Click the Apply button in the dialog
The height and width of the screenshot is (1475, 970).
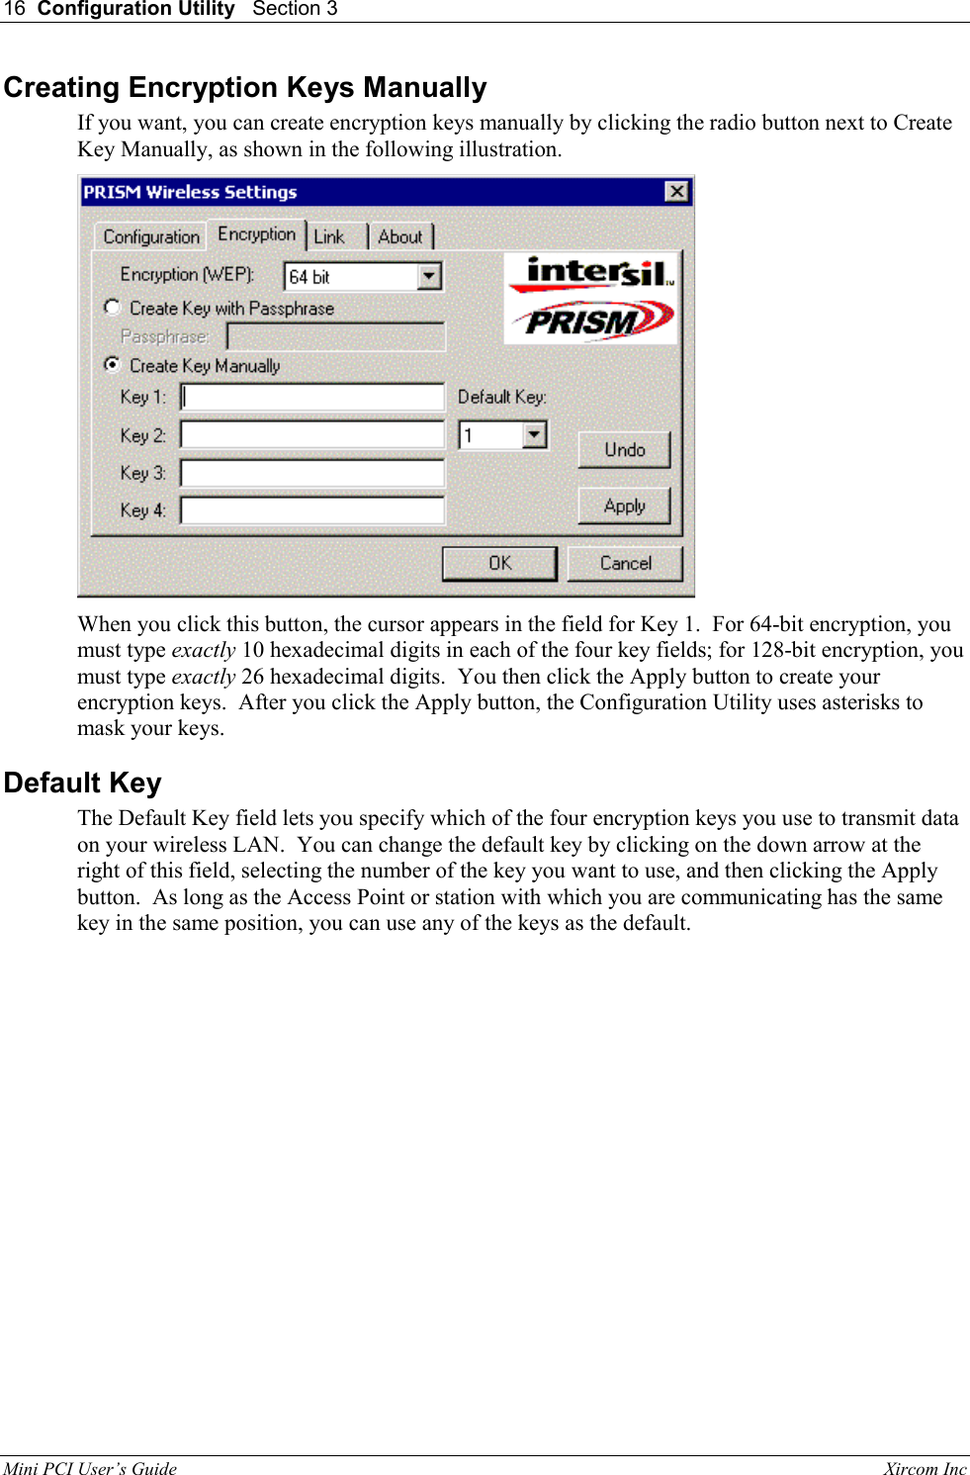pos(624,506)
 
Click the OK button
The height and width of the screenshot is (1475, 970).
pos(499,563)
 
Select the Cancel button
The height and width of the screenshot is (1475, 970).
pos(625,563)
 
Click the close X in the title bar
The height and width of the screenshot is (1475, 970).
pos(676,191)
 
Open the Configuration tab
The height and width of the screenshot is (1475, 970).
pos(151,237)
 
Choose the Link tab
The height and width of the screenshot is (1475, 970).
pos(329,237)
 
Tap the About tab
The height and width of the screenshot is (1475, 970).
pos(399,237)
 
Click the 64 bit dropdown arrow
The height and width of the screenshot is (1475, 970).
pos(429,276)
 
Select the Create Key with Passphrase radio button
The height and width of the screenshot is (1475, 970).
pos(113,308)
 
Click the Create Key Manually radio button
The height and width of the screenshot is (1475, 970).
pos(113,365)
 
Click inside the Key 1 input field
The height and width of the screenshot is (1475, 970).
pos(312,397)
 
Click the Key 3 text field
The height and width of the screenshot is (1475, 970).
pos(312,473)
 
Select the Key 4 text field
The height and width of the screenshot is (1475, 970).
pos(312,510)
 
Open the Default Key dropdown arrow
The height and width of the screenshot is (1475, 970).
pos(534,434)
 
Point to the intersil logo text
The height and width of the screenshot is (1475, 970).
pos(598,271)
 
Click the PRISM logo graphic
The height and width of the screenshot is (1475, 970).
pos(591,321)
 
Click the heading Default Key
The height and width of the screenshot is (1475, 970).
pos(83,783)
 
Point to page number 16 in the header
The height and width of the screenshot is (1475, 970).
pos(14,9)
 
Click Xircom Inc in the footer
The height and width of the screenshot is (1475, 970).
pos(925,1468)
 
